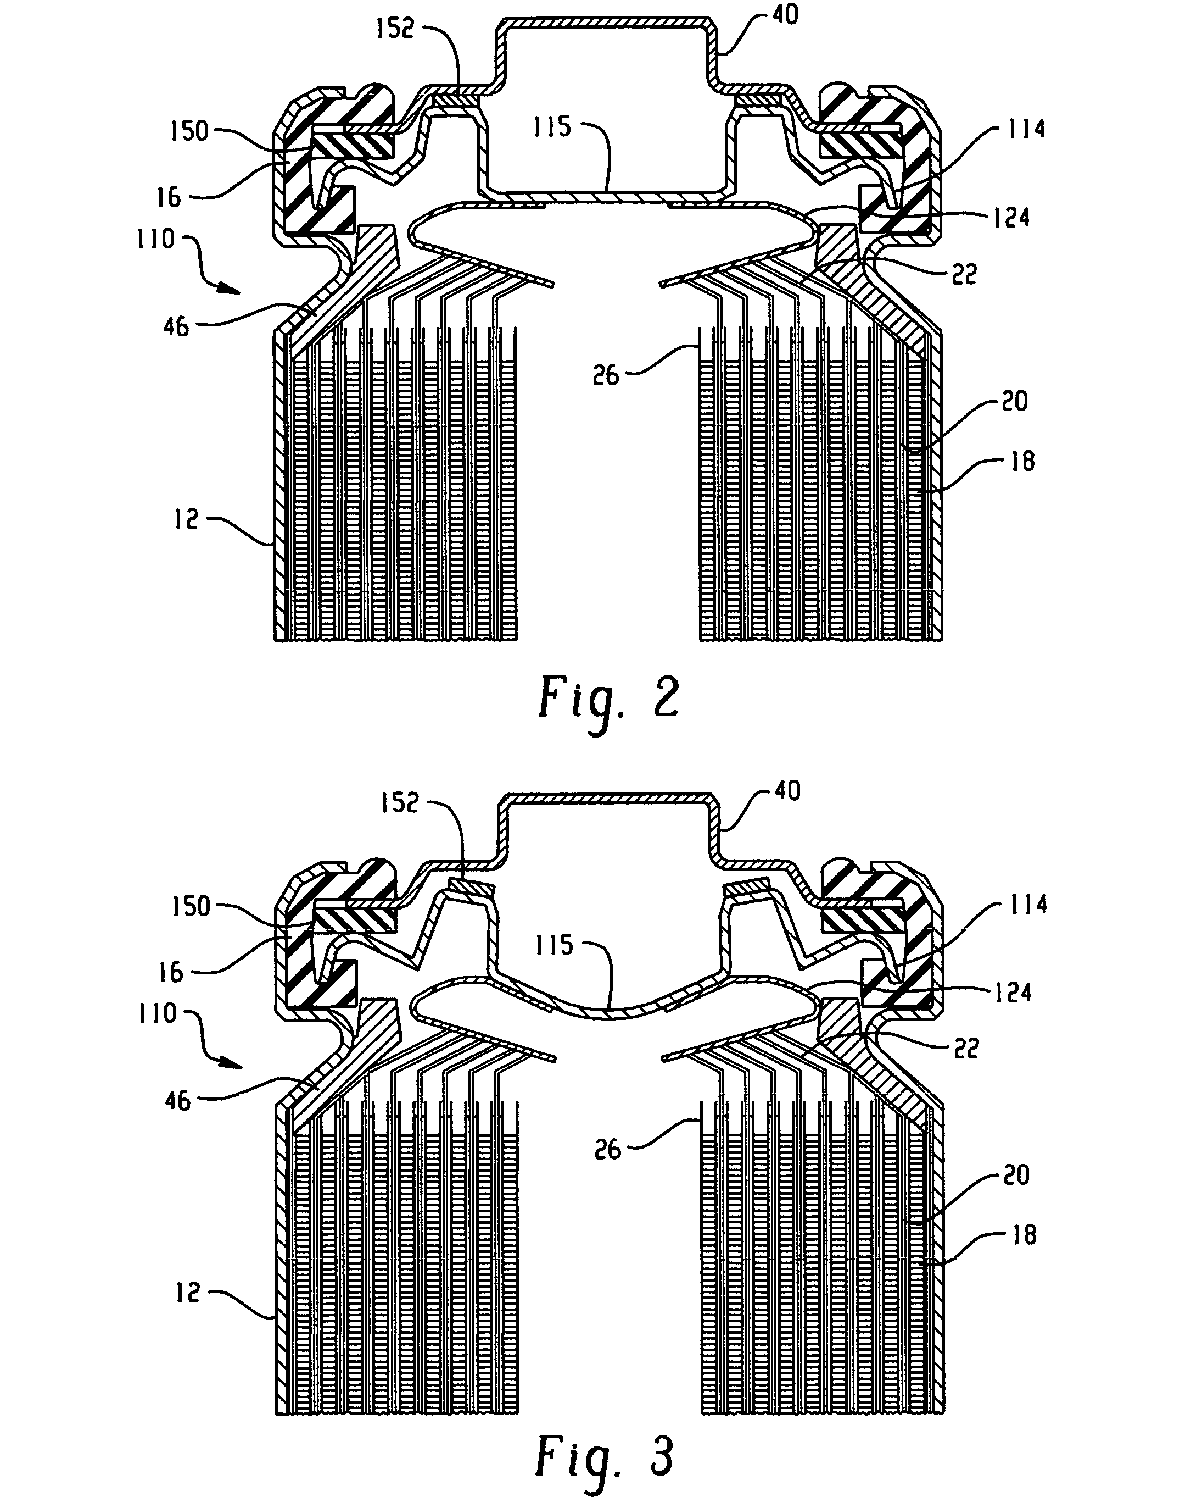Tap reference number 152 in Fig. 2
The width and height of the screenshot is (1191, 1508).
pyautogui.click(x=395, y=29)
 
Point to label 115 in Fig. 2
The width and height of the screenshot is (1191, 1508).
pyautogui.click(x=552, y=127)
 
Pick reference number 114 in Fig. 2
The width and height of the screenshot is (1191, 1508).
pyautogui.click(x=1026, y=129)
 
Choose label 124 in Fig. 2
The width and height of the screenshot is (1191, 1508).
pyautogui.click(x=1010, y=218)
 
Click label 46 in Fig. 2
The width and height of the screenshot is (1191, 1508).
pyautogui.click(x=176, y=326)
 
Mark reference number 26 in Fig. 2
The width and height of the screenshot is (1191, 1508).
pyautogui.click(x=605, y=375)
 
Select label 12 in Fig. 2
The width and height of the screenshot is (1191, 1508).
pyautogui.click(x=186, y=519)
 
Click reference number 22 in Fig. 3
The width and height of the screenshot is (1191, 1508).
pyautogui.click(x=966, y=1049)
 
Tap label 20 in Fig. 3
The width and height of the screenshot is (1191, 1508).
pyautogui.click(x=1015, y=1176)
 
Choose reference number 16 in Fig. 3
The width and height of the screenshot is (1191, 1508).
pyautogui.click(x=170, y=972)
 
